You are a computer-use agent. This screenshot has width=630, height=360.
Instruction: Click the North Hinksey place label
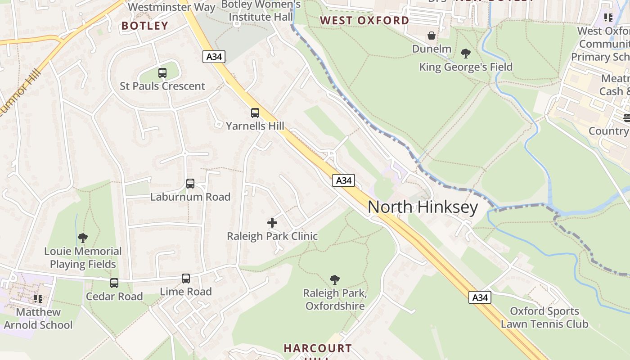click(423, 207)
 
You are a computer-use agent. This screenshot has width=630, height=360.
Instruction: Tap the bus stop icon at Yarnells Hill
click(255, 112)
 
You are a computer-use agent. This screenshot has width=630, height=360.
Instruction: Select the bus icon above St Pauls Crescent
click(162, 72)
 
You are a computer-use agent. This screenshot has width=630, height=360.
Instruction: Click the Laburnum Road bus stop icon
click(190, 184)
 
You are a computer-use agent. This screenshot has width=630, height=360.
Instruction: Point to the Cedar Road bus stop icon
click(114, 283)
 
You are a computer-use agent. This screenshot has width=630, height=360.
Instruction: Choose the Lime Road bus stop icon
click(186, 279)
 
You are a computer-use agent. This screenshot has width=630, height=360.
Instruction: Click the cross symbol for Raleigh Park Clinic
click(272, 223)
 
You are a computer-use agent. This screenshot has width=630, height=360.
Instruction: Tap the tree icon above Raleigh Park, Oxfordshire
click(334, 280)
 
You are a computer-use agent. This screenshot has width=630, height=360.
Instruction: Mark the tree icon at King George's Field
click(466, 54)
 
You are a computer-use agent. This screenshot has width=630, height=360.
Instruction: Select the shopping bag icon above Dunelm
click(432, 35)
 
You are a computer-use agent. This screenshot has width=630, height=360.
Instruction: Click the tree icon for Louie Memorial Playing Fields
click(82, 238)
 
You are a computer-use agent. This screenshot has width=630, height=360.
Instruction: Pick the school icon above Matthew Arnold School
click(38, 298)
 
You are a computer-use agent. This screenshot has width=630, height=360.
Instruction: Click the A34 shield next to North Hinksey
click(344, 180)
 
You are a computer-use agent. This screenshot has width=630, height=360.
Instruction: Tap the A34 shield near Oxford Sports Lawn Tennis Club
click(480, 297)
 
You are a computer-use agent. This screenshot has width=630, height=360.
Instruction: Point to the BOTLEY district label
click(144, 26)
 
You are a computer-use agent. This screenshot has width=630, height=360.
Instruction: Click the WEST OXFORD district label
click(364, 20)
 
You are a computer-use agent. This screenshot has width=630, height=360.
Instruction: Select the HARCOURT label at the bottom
click(318, 348)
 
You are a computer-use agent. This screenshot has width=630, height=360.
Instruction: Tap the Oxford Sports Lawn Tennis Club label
click(544, 318)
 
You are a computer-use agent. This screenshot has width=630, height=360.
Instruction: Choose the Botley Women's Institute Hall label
click(261, 11)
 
